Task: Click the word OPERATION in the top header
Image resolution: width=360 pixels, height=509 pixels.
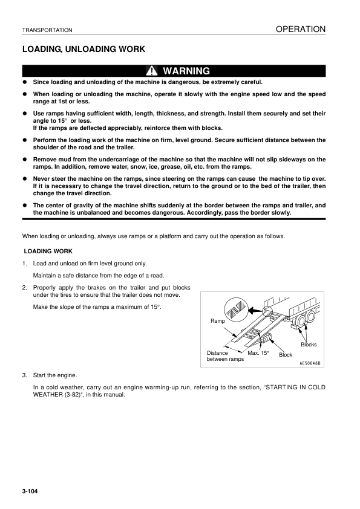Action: click(x=301, y=29)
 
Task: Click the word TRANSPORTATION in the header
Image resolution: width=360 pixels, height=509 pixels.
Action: click(x=47, y=30)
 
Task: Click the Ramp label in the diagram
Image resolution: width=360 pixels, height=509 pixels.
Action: click(x=217, y=322)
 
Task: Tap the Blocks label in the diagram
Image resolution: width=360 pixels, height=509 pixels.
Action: click(x=309, y=345)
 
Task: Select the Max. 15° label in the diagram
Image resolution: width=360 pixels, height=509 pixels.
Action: click(x=258, y=352)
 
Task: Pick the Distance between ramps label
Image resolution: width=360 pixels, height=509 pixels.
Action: click(x=225, y=356)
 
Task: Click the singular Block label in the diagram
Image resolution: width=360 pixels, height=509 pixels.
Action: click(x=286, y=355)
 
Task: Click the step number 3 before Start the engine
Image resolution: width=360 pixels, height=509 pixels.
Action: click(x=24, y=375)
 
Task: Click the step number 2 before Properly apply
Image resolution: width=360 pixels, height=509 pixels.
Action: click(x=24, y=287)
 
